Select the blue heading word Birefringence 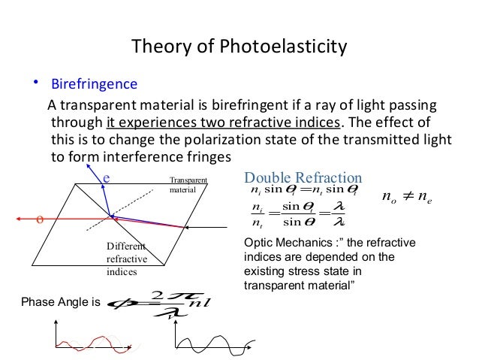pos(93,83)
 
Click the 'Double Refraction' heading pos(303,177)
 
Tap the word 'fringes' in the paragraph pos(204,157)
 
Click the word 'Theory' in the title pos(158,48)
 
